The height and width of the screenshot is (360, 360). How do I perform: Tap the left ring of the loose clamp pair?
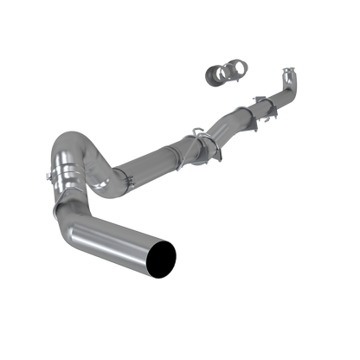pos(211,73)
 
